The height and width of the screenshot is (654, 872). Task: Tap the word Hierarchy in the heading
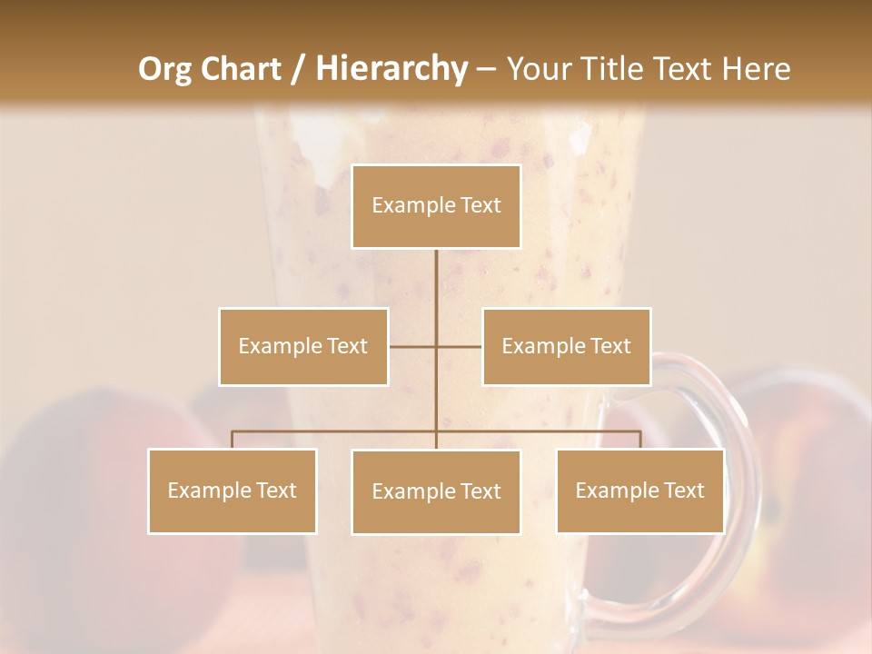391,69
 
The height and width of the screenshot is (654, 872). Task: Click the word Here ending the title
757,69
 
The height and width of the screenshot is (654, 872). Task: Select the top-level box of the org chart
436,206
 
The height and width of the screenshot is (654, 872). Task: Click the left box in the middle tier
303,347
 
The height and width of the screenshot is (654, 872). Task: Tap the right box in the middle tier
566,347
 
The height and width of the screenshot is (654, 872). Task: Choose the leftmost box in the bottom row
233,491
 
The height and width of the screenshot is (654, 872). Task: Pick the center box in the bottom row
436,492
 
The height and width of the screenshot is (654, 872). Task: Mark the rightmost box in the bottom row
640,491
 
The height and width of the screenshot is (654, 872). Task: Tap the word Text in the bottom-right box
683,491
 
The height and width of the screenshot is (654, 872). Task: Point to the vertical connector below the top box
436,282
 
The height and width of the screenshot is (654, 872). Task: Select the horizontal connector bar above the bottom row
336,431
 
